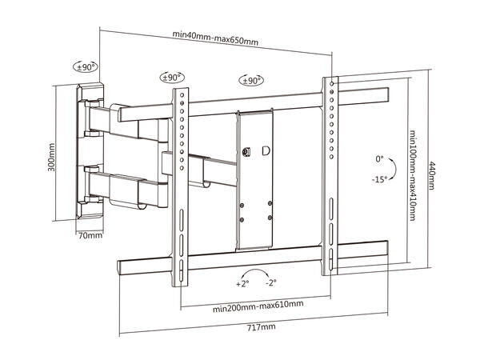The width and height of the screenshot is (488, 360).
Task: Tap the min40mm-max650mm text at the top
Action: point(215,34)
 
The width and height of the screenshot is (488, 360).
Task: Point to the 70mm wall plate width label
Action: point(90,235)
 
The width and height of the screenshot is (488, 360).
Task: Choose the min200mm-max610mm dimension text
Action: point(257,304)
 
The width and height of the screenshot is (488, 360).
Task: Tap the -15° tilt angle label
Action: point(378,180)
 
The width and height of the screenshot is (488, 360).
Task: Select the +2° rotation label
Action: point(242,283)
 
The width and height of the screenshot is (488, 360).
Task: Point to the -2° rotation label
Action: point(271,283)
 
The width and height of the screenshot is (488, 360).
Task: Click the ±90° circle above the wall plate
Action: point(86,67)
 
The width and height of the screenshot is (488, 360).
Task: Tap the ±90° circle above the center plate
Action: point(252,80)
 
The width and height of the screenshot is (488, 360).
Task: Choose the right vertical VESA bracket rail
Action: point(329,176)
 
